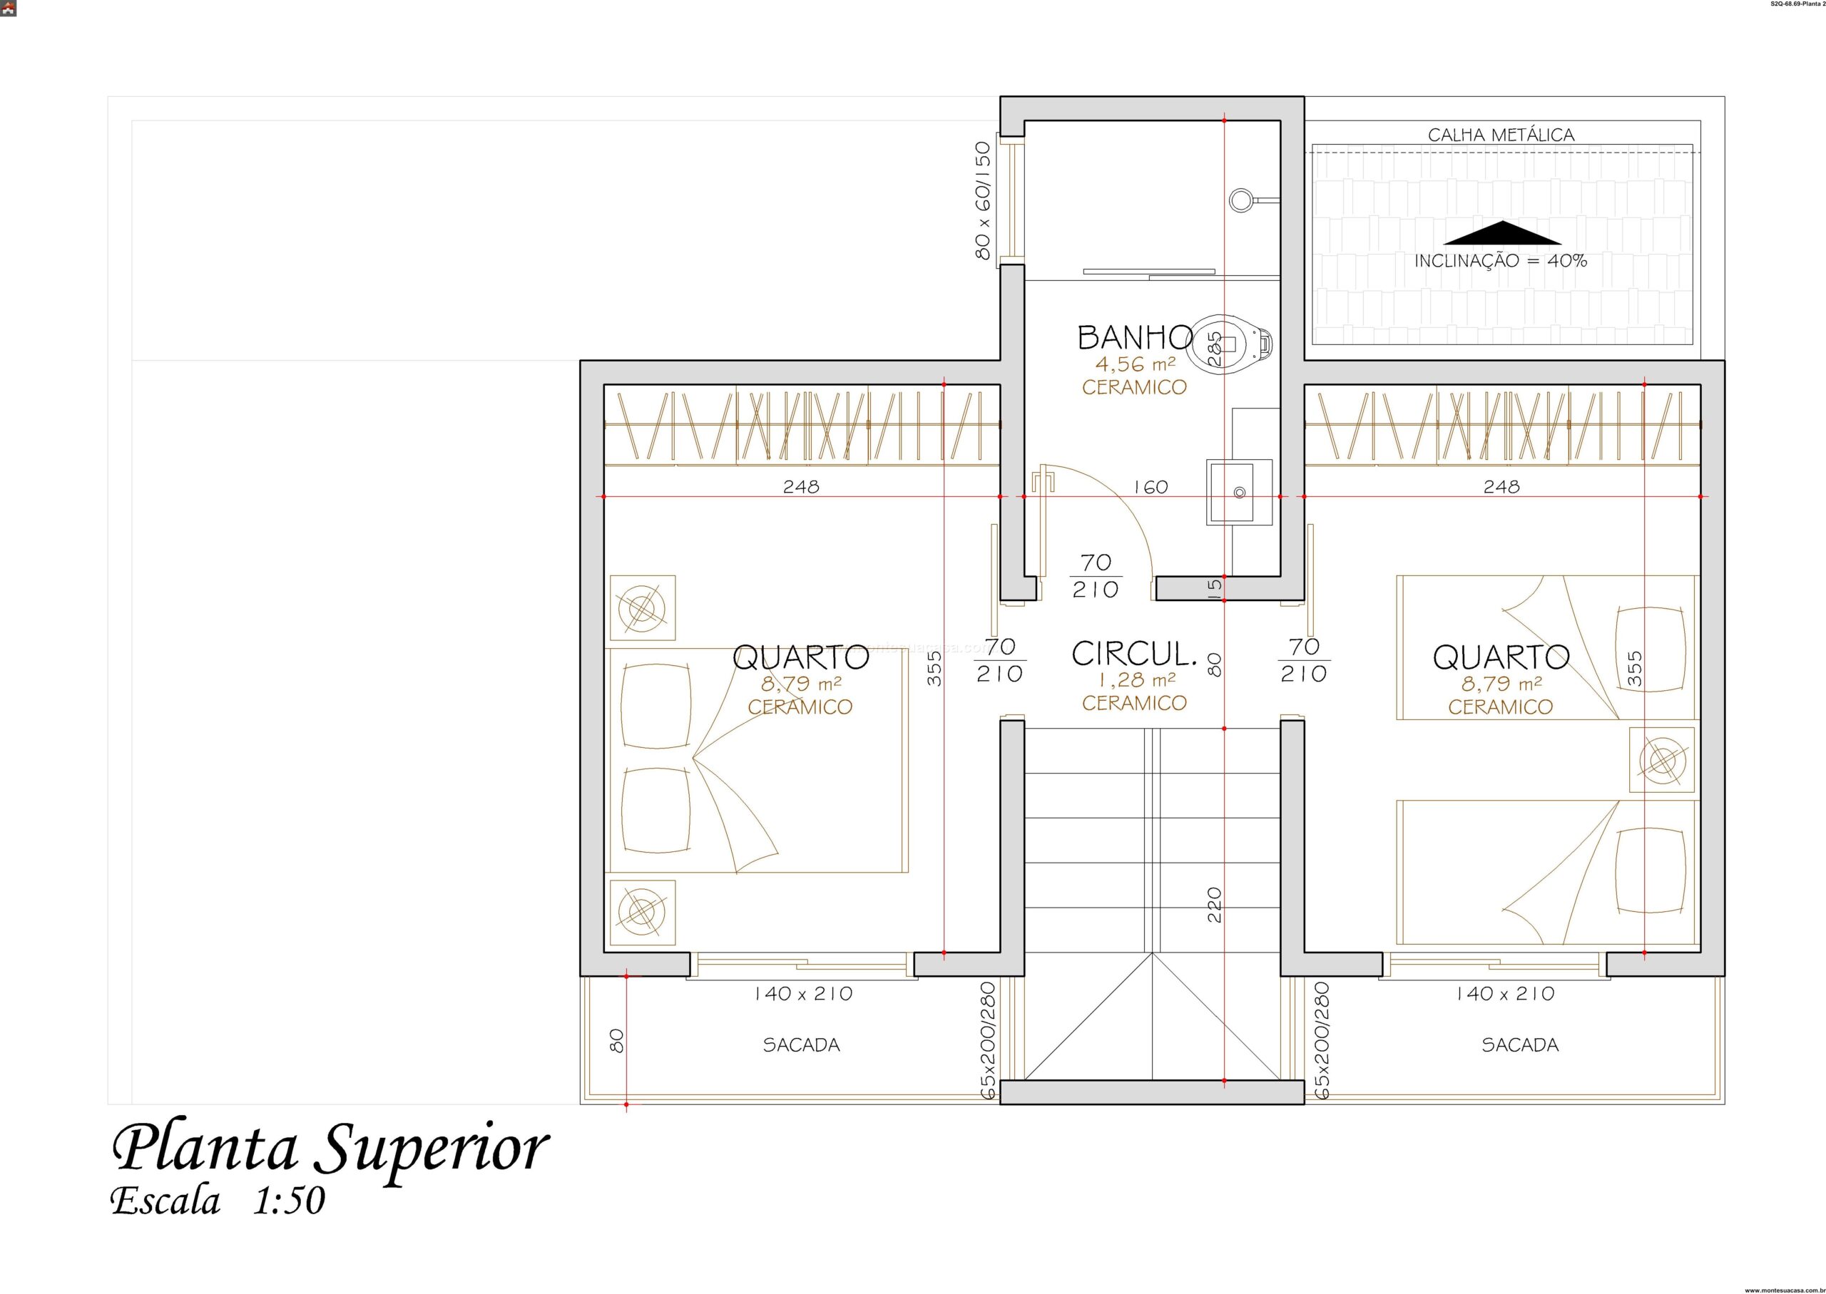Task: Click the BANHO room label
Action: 1134,338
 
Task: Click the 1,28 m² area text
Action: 1134,680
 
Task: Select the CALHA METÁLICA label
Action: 1501,135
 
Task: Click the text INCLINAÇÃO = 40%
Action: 1501,260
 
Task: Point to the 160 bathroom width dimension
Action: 1150,486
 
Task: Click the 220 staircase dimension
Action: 1215,905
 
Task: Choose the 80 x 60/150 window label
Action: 983,200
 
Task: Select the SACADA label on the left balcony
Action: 801,1044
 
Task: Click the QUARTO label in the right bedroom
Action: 1501,657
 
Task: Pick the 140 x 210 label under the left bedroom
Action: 803,994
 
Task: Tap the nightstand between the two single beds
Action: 1662,759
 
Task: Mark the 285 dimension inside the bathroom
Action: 1213,348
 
